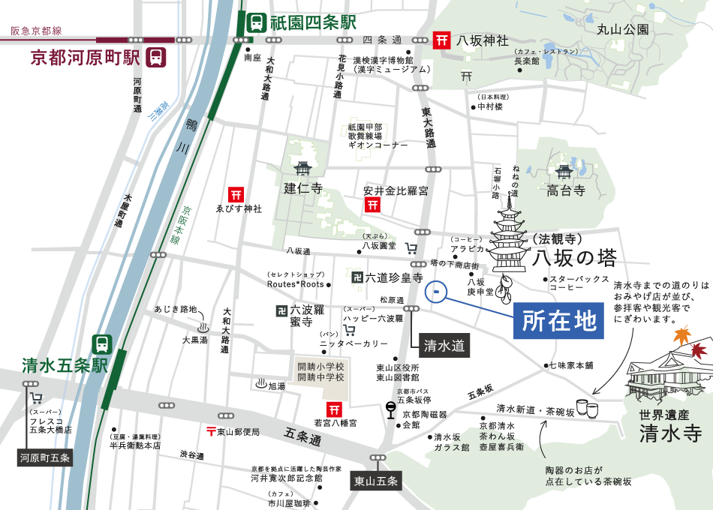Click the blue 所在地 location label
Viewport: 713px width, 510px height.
558,320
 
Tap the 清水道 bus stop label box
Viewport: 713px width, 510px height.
445,346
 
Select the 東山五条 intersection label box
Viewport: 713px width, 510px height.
375,481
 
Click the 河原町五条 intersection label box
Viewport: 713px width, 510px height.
45,457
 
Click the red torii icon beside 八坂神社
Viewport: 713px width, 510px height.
442,40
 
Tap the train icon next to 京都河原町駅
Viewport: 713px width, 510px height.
157,57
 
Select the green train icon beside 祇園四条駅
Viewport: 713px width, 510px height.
257,22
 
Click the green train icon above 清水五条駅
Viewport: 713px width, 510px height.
102,344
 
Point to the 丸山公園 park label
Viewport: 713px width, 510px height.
622,30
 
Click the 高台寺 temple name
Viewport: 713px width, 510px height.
565,190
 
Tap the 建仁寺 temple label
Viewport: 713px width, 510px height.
302,188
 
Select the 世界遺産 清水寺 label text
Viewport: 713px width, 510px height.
670,427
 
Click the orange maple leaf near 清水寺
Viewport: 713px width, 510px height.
681,335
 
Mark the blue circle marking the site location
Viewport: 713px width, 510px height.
435,292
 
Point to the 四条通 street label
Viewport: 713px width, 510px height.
383,40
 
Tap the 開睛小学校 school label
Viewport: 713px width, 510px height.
320,366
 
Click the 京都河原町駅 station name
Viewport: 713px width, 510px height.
86,58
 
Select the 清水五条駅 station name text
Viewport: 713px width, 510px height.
65,365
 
